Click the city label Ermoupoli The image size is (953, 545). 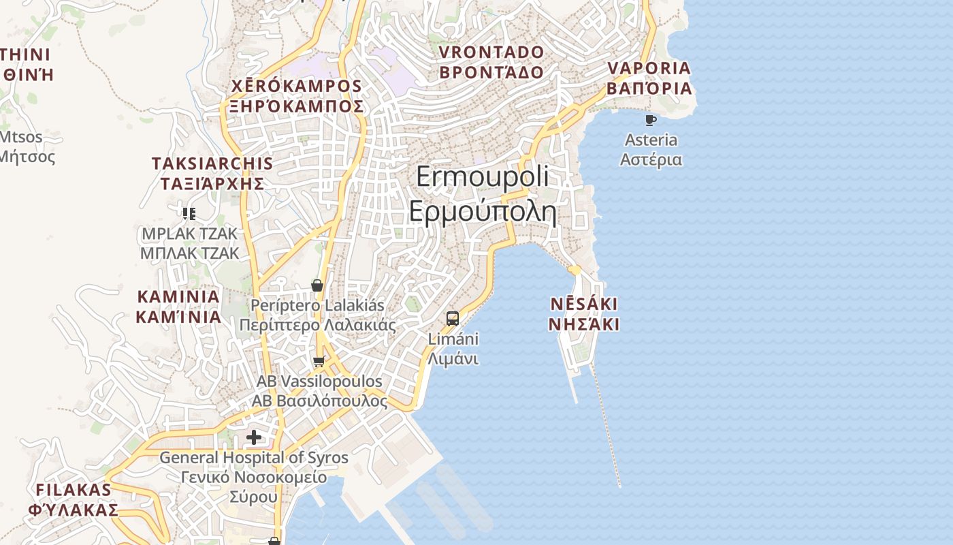pyautogui.click(x=482, y=177)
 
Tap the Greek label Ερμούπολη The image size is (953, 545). pyautogui.click(x=482, y=211)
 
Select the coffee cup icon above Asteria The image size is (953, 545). pyautogui.click(x=651, y=121)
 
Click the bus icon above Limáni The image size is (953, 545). pyautogui.click(x=453, y=318)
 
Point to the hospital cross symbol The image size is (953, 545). pyautogui.click(x=254, y=437)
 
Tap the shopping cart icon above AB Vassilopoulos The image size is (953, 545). pyautogui.click(x=319, y=361)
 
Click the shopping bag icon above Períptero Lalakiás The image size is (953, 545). pyautogui.click(x=317, y=285)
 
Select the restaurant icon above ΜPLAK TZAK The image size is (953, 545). pyautogui.click(x=189, y=214)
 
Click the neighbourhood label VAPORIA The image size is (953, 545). pyautogui.click(x=649, y=68)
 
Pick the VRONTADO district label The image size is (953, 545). pyautogui.click(x=491, y=52)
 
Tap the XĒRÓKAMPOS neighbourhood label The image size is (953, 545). pyautogui.click(x=296, y=87)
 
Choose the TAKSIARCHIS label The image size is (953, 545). pyautogui.click(x=212, y=163)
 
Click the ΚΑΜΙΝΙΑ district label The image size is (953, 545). pyautogui.click(x=178, y=297)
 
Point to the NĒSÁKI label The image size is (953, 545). pyautogui.click(x=584, y=304)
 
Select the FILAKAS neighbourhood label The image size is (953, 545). pyautogui.click(x=74, y=490)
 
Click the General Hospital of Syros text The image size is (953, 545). pyautogui.click(x=254, y=458)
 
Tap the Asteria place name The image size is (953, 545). pyautogui.click(x=651, y=140)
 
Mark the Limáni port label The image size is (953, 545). pyautogui.click(x=453, y=339)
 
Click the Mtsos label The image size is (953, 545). pyautogui.click(x=20, y=137)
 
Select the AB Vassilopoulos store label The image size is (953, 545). pyautogui.click(x=319, y=381)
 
